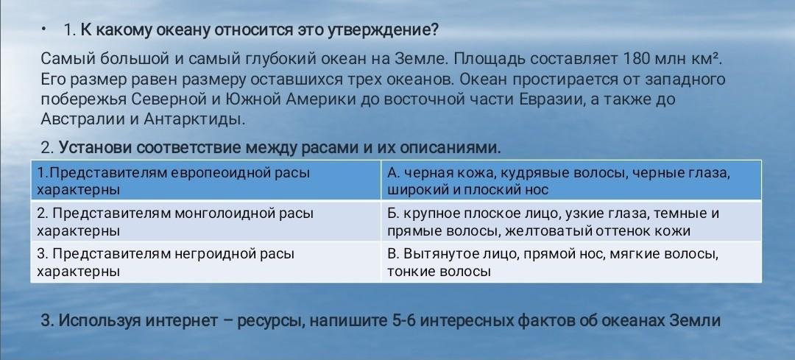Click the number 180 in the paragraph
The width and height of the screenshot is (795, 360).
coord(637,60)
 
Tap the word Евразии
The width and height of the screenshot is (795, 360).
coord(550,99)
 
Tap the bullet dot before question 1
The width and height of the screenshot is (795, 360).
coord(44,30)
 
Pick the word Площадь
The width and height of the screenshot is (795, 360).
coord(490,60)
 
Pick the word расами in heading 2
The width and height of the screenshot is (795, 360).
coord(335,149)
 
